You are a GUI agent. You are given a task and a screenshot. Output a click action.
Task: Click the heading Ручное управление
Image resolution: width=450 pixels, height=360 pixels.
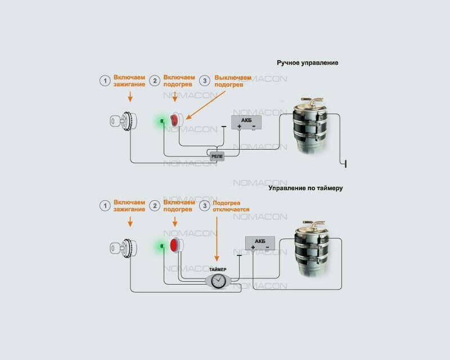coord(307,63)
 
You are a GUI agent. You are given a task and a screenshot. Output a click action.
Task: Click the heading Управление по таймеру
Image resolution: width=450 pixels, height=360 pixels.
coord(306,188)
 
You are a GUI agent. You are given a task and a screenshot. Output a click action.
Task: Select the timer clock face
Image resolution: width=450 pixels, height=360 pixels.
coord(217,280)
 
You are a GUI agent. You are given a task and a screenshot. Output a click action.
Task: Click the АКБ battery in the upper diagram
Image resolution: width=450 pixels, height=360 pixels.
coord(246,123)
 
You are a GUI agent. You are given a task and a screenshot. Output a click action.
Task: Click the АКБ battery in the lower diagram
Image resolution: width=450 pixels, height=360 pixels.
coord(259,243)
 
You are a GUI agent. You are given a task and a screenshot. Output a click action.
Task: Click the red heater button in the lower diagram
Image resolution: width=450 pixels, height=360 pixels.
coord(174,246)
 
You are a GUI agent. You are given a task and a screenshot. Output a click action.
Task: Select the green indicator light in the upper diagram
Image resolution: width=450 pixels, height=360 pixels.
coord(161,121)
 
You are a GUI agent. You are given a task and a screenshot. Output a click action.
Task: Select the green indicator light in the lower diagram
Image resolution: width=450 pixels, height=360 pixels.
coord(161,246)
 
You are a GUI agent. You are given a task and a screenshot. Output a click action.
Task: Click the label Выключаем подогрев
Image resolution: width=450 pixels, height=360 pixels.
coord(233,80)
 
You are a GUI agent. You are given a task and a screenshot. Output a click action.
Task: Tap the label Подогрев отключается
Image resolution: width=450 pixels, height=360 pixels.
coord(231,206)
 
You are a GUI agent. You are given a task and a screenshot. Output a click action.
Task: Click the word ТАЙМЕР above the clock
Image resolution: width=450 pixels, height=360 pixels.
coord(217,269)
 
